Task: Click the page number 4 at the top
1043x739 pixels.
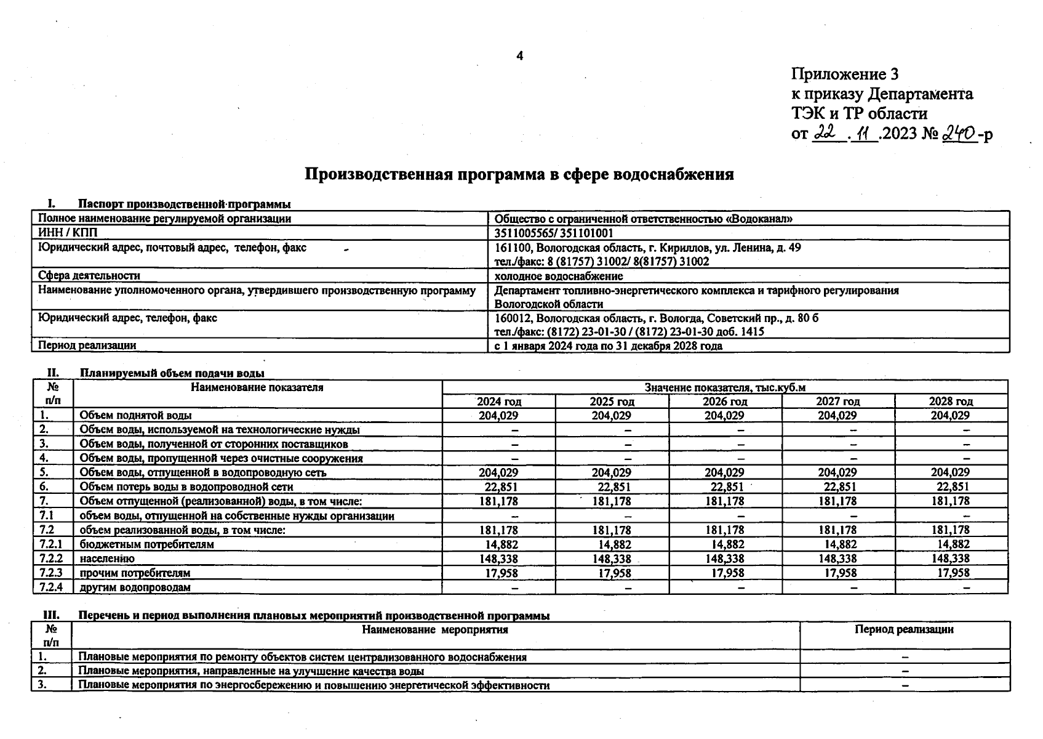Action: click(520, 56)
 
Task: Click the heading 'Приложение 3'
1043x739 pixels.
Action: click(844, 75)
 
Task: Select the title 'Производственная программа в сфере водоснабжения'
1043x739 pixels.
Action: click(519, 174)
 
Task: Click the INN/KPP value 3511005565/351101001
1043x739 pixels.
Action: click(553, 233)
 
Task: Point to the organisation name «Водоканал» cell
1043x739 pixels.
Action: click(643, 219)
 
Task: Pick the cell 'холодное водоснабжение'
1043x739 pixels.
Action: click(558, 276)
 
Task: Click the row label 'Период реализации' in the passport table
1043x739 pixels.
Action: click(87, 345)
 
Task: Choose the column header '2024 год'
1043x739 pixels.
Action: click(498, 402)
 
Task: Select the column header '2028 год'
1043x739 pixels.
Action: click(951, 402)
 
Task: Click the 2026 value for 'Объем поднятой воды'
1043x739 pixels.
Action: click(724, 416)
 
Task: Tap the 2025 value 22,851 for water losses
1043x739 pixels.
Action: click(614, 487)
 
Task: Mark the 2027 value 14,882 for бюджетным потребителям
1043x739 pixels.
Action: click(839, 544)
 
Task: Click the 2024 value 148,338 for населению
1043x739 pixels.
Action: click(498, 559)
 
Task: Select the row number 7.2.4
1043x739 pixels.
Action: click(52, 587)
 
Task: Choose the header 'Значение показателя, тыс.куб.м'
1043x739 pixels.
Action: click(724, 387)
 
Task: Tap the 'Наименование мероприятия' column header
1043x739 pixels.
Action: click(435, 629)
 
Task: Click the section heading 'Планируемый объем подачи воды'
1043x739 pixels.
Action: click(172, 373)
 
